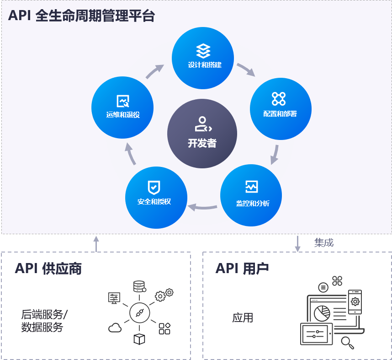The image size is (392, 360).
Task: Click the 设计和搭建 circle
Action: click(203, 58)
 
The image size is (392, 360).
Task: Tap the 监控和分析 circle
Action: click(251, 195)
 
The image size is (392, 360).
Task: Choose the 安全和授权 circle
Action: click(156, 197)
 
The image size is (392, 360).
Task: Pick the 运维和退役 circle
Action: click(122, 108)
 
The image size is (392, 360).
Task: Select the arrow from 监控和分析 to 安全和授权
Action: click(203, 207)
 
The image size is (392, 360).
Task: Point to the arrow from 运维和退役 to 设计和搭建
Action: click(155, 71)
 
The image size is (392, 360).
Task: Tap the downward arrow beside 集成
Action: click(298, 243)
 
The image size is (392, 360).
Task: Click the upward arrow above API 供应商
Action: click(96, 243)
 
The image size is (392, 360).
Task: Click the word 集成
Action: click(324, 242)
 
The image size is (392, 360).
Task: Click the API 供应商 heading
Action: click(48, 268)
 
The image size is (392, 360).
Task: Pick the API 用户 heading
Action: click(242, 268)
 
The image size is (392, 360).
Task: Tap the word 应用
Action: click(242, 317)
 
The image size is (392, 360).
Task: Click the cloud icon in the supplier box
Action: click(115, 328)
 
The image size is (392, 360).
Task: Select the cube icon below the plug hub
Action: click(139, 339)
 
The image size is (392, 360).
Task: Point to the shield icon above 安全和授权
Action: click(154, 187)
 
